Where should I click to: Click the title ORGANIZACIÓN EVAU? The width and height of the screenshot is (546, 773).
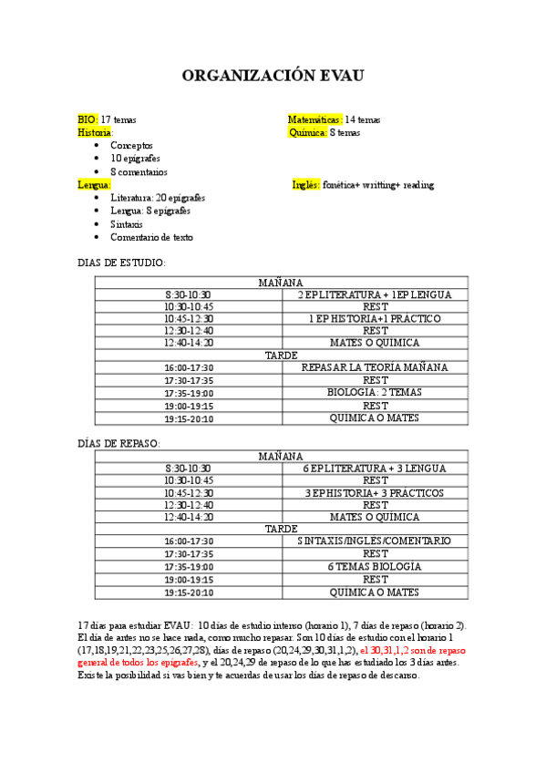[x=273, y=76]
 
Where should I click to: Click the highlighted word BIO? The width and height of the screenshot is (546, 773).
[x=87, y=119]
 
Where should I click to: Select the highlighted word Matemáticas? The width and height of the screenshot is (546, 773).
[x=314, y=119]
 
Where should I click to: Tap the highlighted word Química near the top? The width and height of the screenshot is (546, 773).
[x=307, y=132]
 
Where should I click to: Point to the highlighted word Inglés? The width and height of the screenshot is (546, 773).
[x=305, y=185]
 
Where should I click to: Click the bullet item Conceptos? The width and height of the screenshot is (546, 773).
[x=131, y=145]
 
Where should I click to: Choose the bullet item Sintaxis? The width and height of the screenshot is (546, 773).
[x=127, y=224]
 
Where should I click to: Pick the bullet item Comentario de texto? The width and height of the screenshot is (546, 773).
[x=151, y=237]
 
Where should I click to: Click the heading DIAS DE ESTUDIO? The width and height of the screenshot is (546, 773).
[x=121, y=263]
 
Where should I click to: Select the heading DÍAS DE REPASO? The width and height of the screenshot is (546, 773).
[x=118, y=443]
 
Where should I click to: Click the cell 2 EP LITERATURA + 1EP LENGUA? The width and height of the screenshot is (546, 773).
[x=375, y=295]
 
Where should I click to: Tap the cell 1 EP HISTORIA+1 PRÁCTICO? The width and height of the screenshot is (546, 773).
[x=375, y=319]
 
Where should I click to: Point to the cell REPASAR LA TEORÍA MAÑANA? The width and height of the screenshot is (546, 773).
[x=375, y=367]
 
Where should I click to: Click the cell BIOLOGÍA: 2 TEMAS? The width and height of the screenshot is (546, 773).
[x=375, y=393]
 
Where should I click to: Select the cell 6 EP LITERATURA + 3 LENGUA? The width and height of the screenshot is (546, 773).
[x=375, y=469]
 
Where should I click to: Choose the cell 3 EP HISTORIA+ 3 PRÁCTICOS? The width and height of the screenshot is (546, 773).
[x=375, y=493]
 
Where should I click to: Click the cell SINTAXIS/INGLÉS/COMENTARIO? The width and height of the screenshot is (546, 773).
[x=375, y=541]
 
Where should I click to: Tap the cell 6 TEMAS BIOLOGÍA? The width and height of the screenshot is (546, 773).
[x=375, y=566]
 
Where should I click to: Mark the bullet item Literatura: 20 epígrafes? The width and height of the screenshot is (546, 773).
[x=157, y=198]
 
